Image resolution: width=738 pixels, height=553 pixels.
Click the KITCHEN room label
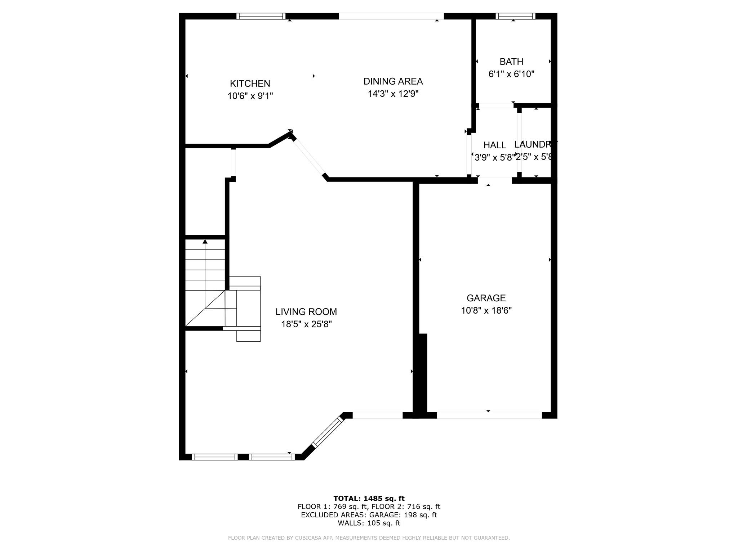coord(250,84)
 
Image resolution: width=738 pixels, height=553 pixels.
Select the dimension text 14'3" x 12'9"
coord(393,94)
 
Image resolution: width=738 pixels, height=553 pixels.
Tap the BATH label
coord(511,62)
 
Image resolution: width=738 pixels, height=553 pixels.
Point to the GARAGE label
coord(486,298)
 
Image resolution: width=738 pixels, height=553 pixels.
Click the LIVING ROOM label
coord(306,312)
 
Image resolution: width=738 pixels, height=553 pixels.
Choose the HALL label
coord(494,145)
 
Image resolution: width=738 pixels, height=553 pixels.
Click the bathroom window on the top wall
coord(515,16)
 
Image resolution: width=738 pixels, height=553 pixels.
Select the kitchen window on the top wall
coord(261,16)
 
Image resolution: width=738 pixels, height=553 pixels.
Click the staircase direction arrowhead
coord(205,242)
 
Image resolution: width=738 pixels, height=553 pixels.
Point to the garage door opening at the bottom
coord(489,415)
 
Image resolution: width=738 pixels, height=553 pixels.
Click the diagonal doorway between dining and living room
coord(309,157)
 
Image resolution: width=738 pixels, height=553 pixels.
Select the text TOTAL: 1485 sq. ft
coord(369,499)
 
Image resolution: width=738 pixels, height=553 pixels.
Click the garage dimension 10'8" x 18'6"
coord(486,311)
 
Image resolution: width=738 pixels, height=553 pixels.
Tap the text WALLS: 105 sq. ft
coord(369,523)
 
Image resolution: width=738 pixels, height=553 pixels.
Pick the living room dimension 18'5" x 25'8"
coord(306,324)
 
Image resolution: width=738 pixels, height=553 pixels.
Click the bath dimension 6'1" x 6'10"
coord(511,74)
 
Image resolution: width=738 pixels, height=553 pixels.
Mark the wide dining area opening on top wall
coord(391,16)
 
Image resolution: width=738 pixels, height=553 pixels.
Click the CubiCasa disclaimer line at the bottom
coord(369,538)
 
